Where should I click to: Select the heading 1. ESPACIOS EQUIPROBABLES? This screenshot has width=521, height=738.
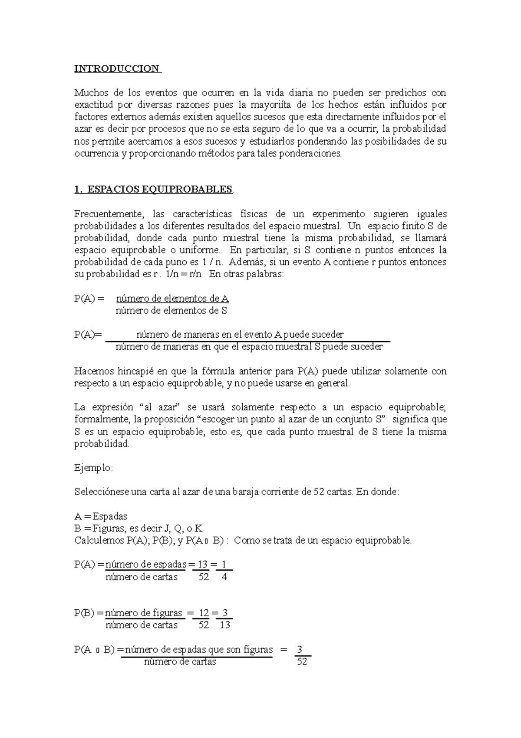[153, 189]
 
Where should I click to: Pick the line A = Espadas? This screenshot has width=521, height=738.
[101, 516]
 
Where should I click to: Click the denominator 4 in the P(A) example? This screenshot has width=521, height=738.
[224, 577]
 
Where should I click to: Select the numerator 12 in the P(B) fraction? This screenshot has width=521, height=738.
[204, 613]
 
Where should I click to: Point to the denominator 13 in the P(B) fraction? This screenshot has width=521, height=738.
[224, 625]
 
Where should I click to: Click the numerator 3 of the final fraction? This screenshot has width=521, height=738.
[299, 650]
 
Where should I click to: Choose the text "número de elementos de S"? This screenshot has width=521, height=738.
[171, 311]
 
